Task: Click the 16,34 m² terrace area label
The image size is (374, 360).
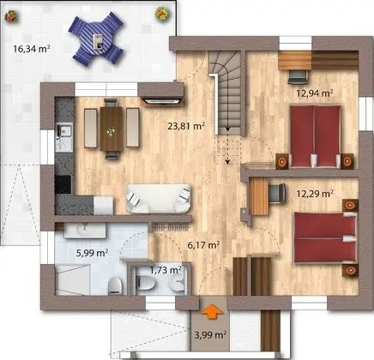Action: [31, 49]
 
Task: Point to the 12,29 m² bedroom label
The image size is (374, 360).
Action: [314, 194]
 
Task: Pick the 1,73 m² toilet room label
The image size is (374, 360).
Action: [165, 269]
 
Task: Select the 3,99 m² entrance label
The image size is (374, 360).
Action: [209, 334]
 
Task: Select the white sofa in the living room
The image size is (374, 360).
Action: [158, 199]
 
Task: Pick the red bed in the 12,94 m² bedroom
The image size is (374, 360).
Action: [314, 135]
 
